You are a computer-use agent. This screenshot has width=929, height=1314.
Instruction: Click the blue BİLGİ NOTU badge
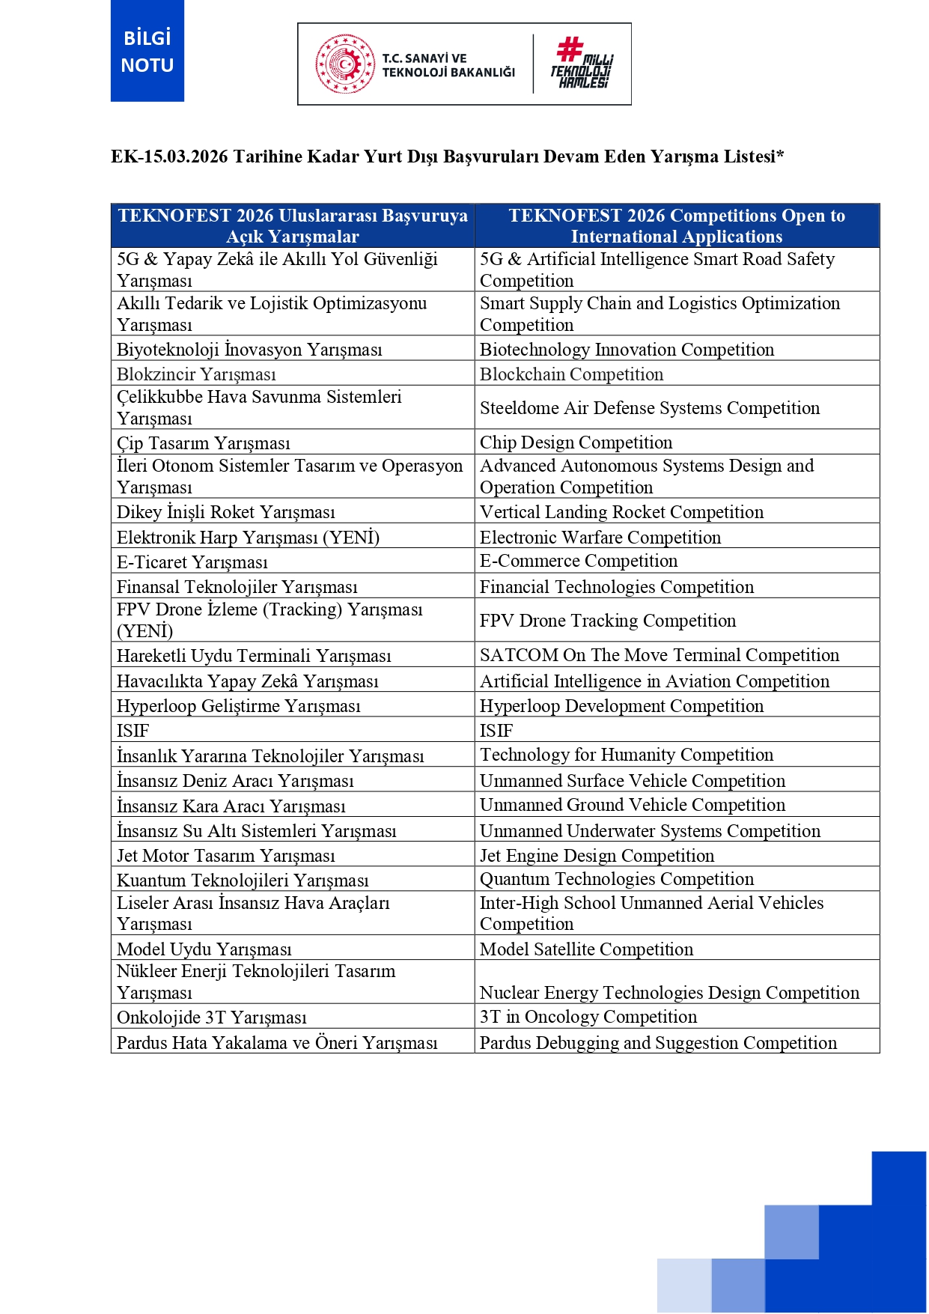point(147,51)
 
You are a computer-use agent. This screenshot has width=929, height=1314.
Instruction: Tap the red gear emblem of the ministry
point(344,64)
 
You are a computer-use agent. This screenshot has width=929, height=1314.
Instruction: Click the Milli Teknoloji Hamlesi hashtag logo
point(582,63)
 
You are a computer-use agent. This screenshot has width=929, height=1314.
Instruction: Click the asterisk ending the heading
point(780,155)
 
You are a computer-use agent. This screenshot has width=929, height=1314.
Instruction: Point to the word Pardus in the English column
point(505,1043)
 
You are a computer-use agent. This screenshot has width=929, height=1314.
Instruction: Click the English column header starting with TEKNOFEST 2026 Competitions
point(677,226)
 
